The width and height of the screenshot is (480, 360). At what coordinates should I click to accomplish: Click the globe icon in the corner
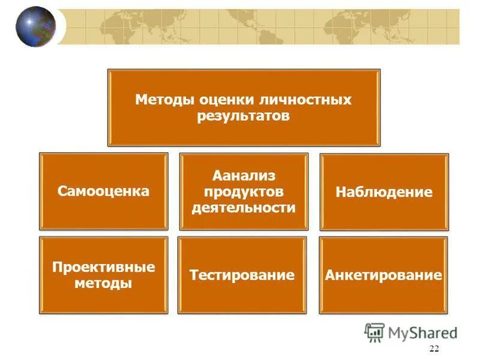(x=35, y=26)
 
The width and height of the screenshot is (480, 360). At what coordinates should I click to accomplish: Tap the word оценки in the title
(x=220, y=99)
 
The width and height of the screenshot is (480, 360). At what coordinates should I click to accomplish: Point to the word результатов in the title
(x=243, y=115)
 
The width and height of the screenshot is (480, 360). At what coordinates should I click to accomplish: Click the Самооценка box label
(x=103, y=191)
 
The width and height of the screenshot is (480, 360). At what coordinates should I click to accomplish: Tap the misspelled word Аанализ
(x=243, y=176)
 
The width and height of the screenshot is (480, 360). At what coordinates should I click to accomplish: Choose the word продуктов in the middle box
(x=243, y=192)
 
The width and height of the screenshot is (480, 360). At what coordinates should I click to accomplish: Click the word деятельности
(x=243, y=208)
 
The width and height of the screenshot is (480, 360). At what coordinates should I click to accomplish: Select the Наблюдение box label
(x=384, y=193)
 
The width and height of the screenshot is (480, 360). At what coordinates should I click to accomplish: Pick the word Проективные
(x=103, y=266)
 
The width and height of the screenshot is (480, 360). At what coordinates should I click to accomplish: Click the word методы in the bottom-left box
(x=103, y=283)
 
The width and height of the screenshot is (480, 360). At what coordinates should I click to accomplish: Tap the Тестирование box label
(x=242, y=275)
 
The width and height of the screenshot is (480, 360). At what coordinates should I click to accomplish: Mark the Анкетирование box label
(x=383, y=275)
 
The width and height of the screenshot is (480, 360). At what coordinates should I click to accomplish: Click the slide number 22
(x=434, y=350)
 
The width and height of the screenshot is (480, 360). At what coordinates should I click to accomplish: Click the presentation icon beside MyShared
(x=375, y=332)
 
